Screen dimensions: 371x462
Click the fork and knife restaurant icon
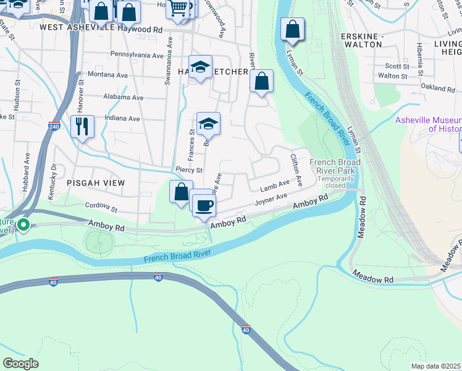[82, 126]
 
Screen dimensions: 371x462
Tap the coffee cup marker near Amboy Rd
[203, 205]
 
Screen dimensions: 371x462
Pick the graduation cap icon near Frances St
[209, 124]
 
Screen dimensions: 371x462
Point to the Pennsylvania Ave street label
[137, 55]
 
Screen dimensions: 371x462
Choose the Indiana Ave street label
[123, 118]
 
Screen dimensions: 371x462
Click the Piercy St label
[189, 169]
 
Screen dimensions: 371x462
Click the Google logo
[20, 364]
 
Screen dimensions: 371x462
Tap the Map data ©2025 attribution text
[435, 366]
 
